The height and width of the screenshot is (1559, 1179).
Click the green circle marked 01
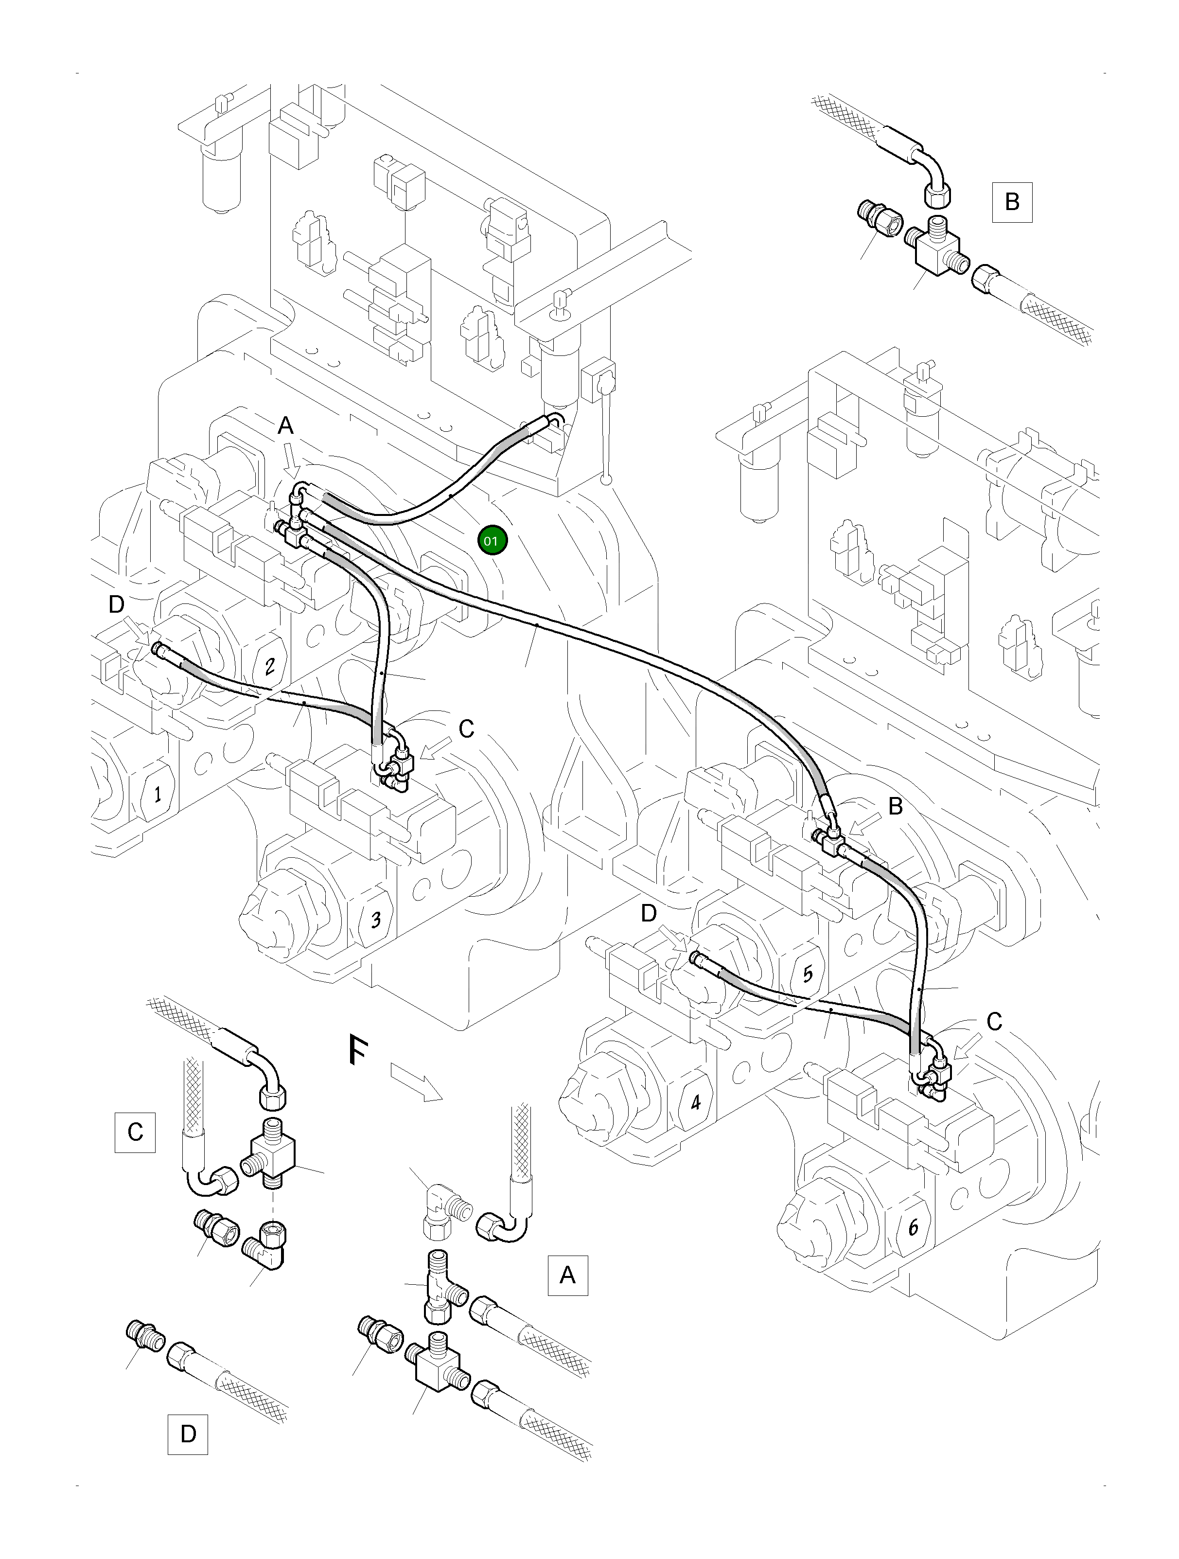coord(492,541)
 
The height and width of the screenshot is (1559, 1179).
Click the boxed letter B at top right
coord(1012,202)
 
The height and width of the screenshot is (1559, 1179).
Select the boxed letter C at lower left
coord(135,1132)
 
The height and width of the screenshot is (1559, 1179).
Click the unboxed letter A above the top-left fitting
coord(285,425)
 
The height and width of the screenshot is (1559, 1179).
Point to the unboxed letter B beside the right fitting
coord(895,806)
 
